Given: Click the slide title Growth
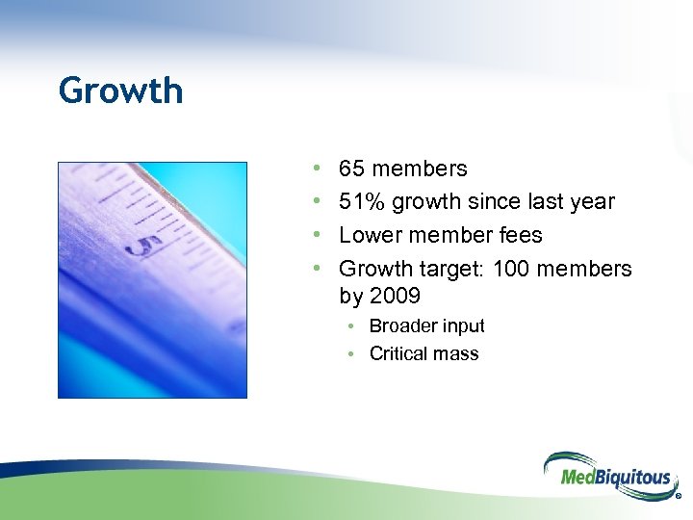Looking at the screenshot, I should pyautogui.click(x=120, y=91).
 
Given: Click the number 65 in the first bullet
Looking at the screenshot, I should pyautogui.click(x=351, y=169).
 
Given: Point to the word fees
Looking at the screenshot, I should pyautogui.click(x=520, y=236).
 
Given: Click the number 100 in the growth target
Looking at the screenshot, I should pyautogui.click(x=511, y=269).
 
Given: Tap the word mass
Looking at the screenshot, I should pyautogui.click(x=455, y=354).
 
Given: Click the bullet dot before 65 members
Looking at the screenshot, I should pyautogui.click(x=319, y=169).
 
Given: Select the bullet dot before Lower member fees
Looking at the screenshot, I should pyautogui.click(x=319, y=236).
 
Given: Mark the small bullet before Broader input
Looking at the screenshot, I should pyautogui.click(x=353, y=326).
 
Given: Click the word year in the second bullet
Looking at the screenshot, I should pyautogui.click(x=591, y=202).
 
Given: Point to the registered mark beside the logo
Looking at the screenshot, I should pyautogui.click(x=680, y=498).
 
